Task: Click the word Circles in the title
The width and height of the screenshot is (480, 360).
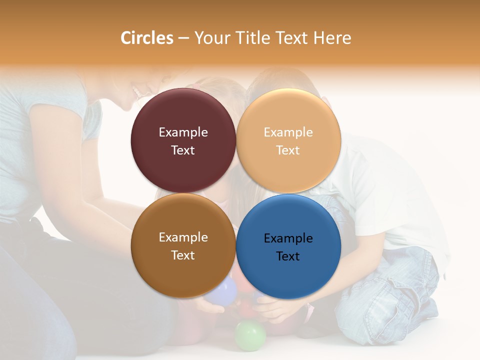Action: [146, 38]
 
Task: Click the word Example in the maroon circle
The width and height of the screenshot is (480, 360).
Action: [183, 132]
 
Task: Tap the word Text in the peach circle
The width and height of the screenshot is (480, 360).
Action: [288, 150]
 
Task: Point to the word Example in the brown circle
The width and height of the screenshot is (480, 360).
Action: [183, 237]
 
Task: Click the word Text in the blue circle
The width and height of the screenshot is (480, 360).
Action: [288, 256]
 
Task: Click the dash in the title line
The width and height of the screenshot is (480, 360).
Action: [183, 38]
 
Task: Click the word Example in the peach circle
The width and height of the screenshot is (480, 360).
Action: [288, 132]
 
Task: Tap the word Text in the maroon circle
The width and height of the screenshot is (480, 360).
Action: [183, 150]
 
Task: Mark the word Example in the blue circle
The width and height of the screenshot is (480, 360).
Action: [288, 238]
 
